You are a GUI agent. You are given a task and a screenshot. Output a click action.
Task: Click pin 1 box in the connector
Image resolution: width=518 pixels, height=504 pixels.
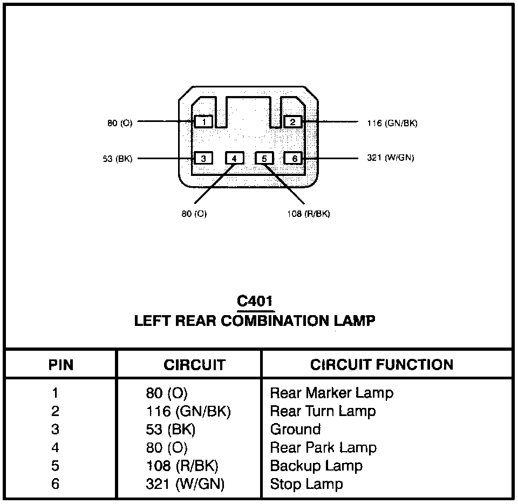[203, 122]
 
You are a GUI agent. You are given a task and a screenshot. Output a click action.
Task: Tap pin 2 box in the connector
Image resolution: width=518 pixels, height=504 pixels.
[292, 122]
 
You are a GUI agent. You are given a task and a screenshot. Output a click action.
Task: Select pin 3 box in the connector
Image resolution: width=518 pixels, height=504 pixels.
[203, 158]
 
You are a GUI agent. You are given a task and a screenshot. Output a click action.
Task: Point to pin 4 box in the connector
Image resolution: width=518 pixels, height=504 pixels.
[234, 158]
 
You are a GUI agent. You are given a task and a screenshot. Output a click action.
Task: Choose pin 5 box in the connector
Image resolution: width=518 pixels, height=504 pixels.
[264, 158]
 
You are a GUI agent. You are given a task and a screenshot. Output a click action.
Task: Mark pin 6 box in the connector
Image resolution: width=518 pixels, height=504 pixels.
[295, 158]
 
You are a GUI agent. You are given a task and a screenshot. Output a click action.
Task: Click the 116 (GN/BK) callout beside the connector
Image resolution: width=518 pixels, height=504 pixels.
[392, 123]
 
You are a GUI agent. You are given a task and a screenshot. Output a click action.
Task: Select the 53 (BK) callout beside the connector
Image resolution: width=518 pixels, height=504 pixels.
[117, 159]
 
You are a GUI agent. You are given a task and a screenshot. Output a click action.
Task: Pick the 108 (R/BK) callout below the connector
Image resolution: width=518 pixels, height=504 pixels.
[308, 214]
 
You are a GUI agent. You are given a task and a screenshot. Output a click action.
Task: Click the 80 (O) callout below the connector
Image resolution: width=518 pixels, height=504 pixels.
[194, 214]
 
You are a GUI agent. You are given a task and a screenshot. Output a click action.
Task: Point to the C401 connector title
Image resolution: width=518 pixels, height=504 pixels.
[255, 301]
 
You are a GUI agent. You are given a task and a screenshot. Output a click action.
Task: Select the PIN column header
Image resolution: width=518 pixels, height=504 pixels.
[61, 365]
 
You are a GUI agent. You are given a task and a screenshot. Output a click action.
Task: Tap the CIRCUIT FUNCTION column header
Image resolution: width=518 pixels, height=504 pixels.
[381, 365]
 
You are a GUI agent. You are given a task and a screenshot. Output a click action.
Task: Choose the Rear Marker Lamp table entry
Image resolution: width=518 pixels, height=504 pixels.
[331, 393]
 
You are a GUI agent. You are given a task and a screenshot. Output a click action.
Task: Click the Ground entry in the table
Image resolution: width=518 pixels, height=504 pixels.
[295, 430]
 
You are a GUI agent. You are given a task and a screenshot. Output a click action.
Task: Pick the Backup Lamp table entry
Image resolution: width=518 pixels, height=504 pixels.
[316, 466]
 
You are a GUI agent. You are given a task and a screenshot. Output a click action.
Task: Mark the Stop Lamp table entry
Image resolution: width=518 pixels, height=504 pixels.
[306, 484]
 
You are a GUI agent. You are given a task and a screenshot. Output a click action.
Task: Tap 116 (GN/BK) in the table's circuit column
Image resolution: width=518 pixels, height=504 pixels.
[188, 411]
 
